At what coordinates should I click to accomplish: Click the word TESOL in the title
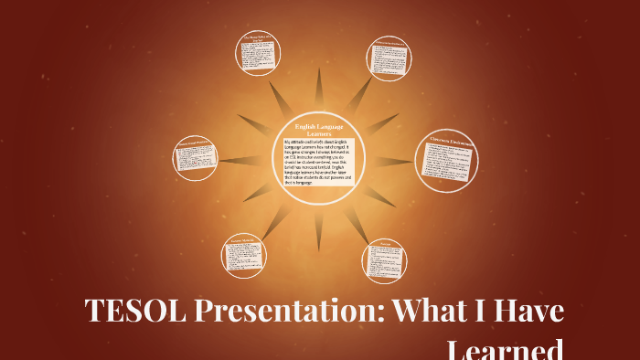click(134, 312)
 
